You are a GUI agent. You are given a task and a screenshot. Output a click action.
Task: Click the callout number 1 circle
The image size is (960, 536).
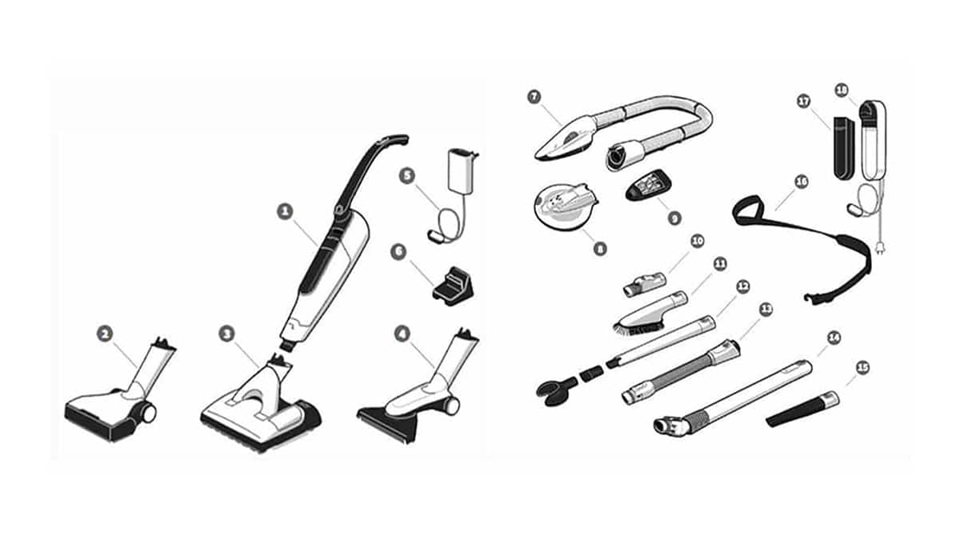click(x=285, y=211)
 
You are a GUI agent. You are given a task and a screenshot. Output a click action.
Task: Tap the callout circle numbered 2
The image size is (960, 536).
click(x=105, y=334)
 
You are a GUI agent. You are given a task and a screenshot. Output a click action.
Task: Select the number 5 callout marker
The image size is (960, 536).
click(x=406, y=176)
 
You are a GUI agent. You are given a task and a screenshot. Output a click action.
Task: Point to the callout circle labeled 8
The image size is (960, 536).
click(x=599, y=249)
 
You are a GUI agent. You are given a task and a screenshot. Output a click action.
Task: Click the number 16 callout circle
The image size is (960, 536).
click(x=801, y=182)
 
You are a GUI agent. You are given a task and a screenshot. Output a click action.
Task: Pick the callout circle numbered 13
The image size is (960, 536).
click(x=766, y=309)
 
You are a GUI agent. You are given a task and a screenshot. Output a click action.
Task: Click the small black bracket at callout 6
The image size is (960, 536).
click(x=453, y=285)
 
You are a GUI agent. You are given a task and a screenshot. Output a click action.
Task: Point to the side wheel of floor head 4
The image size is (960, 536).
click(x=451, y=406)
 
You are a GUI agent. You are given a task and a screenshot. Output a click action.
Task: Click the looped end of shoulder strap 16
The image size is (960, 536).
click(x=748, y=210)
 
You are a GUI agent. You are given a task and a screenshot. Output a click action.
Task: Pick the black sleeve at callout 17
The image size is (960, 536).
click(x=844, y=148)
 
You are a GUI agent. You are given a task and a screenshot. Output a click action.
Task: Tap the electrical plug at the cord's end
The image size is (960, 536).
click(x=879, y=246)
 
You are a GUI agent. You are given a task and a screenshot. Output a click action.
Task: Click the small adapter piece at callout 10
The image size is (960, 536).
click(x=645, y=284)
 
